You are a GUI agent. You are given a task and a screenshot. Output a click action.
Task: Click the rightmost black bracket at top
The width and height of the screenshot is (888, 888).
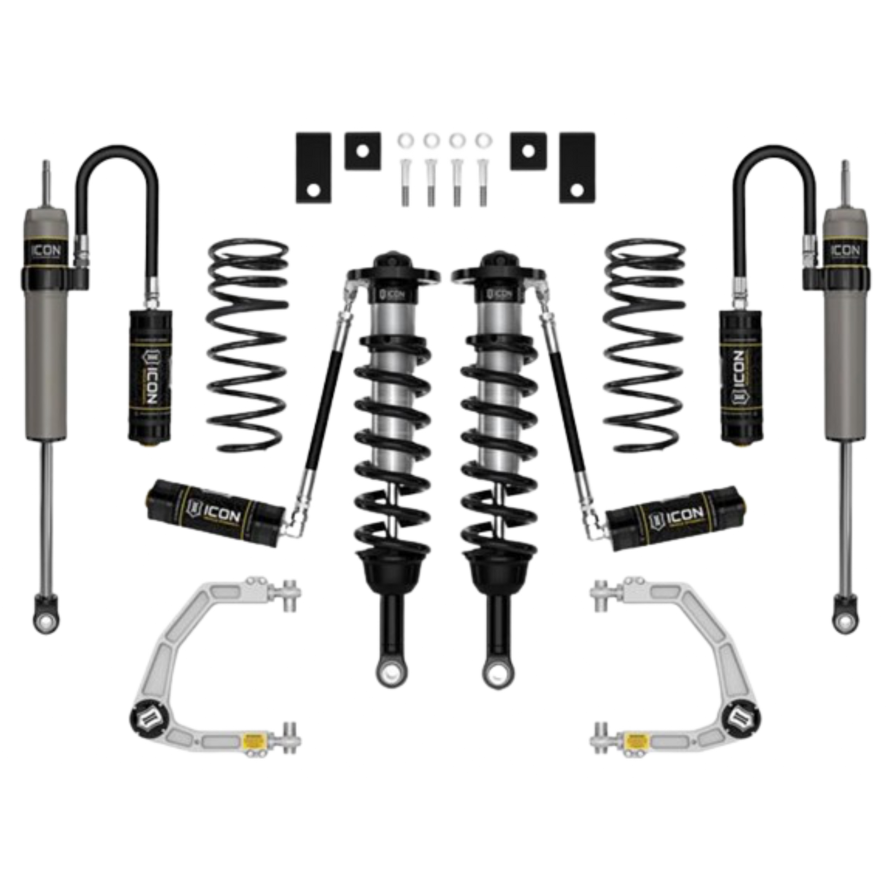(x=575, y=170)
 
